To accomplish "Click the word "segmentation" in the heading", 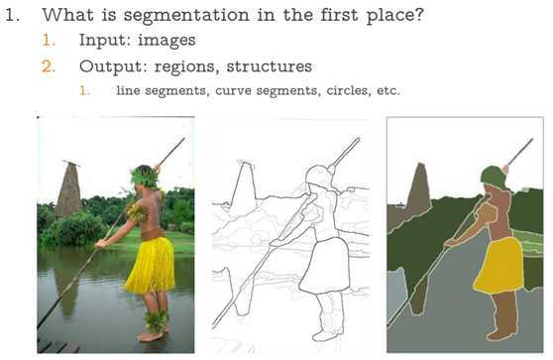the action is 187,16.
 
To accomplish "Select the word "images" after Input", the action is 166,41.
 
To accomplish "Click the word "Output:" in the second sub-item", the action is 113,66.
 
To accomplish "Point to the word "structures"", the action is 270,66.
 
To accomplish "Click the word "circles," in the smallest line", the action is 349,90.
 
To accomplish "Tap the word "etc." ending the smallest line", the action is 388,90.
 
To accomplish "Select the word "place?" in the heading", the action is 394,16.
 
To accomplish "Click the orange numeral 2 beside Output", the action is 49,66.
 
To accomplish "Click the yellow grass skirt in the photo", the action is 151,265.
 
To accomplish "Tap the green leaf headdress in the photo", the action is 145,177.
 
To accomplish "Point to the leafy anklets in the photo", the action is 156,320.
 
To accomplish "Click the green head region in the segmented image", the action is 494,176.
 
